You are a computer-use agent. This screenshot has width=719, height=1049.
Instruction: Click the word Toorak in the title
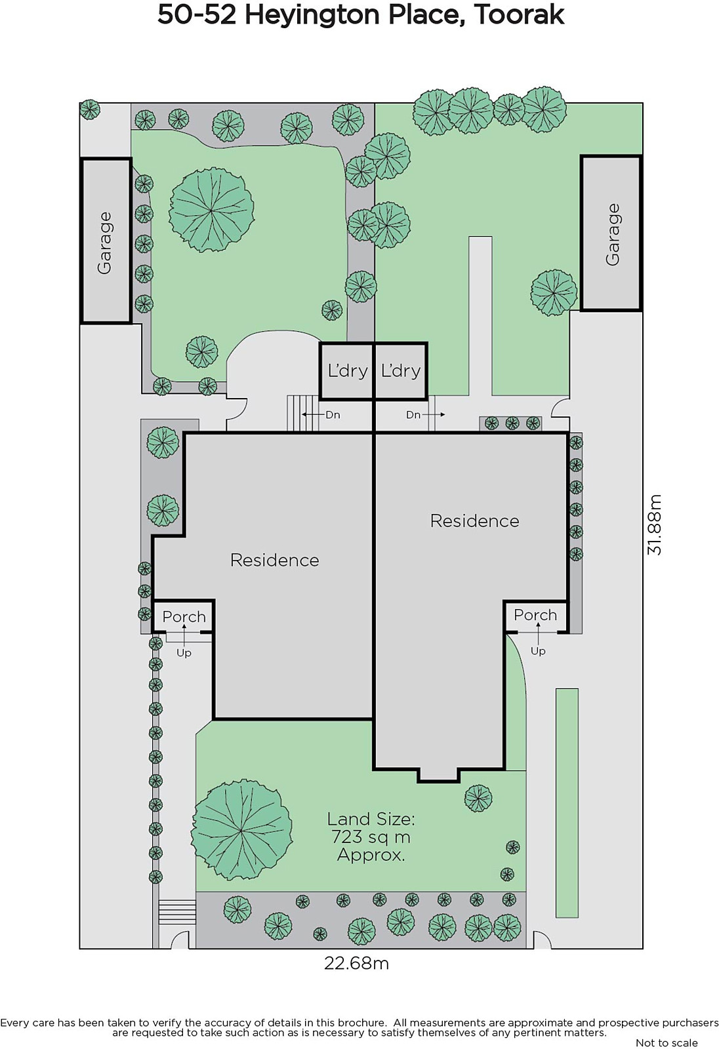point(519,16)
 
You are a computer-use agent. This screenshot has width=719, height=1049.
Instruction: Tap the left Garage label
point(104,243)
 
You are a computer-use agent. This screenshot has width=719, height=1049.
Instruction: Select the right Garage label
point(613,234)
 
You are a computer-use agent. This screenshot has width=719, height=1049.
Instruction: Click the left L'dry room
point(347,371)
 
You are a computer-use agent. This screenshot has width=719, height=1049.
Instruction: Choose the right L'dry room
point(401,371)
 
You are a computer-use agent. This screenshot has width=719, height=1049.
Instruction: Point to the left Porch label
point(184,617)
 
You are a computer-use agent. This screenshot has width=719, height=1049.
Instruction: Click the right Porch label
point(535,615)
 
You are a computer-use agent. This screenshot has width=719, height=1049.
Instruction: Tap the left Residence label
point(275,560)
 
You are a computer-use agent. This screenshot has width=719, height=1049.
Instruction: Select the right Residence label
point(475,521)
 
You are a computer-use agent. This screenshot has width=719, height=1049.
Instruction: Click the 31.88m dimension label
point(654,524)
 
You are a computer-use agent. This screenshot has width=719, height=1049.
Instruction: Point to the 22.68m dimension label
point(357,963)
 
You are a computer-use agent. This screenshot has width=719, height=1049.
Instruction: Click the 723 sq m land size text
point(371,837)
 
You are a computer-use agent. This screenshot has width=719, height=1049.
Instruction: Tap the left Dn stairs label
point(333,415)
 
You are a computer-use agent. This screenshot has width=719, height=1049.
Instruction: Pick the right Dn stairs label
point(413,415)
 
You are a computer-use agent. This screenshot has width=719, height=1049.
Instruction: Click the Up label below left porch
point(184,653)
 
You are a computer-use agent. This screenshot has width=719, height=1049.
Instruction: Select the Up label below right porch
point(538,651)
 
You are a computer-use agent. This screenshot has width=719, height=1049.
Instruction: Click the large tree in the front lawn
point(241,830)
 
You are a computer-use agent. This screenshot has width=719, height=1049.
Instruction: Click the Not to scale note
point(667,1042)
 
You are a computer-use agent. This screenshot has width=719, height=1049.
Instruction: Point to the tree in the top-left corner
point(89,109)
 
